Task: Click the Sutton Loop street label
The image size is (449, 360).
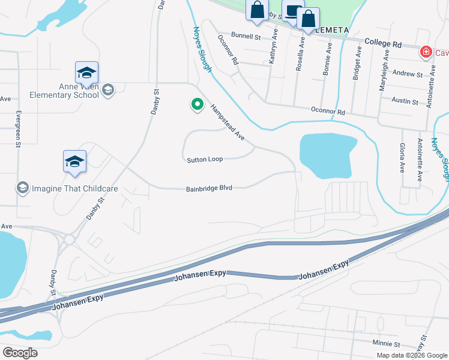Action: point(205,160)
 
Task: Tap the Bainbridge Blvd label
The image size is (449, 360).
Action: point(209,188)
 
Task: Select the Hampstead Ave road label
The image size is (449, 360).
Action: point(228,122)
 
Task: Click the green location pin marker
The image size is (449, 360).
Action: point(196,105)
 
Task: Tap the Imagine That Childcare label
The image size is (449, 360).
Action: point(75,188)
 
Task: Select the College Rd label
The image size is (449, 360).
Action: point(382,44)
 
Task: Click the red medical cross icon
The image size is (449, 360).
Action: point(426,52)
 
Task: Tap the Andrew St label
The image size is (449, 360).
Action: point(408,74)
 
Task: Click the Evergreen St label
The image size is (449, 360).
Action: point(19,128)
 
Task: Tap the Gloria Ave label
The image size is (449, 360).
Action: point(402,157)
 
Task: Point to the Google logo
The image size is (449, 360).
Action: point(20,353)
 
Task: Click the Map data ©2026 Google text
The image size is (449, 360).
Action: point(411,355)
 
